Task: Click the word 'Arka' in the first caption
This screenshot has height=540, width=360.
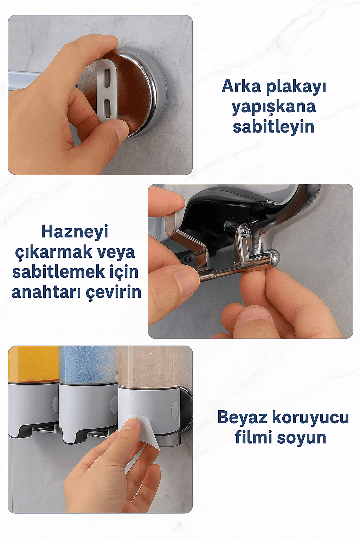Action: pyautogui.click(x=242, y=86)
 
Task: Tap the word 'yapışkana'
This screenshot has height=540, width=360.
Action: pyautogui.click(x=274, y=107)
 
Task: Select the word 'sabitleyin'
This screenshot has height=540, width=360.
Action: pyautogui.click(x=274, y=127)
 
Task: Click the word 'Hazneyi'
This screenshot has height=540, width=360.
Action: pyautogui.click(x=75, y=232)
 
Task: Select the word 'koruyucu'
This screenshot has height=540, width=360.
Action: pyautogui.click(x=310, y=418)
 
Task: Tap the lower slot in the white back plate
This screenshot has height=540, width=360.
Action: pyautogui.click(x=107, y=107)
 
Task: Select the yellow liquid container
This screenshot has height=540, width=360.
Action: pyautogui.click(x=33, y=364)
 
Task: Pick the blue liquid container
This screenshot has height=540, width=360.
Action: pyautogui.click(x=88, y=364)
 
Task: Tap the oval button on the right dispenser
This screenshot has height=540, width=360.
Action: pyautogui.click(x=175, y=410)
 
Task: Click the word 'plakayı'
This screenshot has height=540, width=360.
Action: pyautogui.click(x=296, y=86)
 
